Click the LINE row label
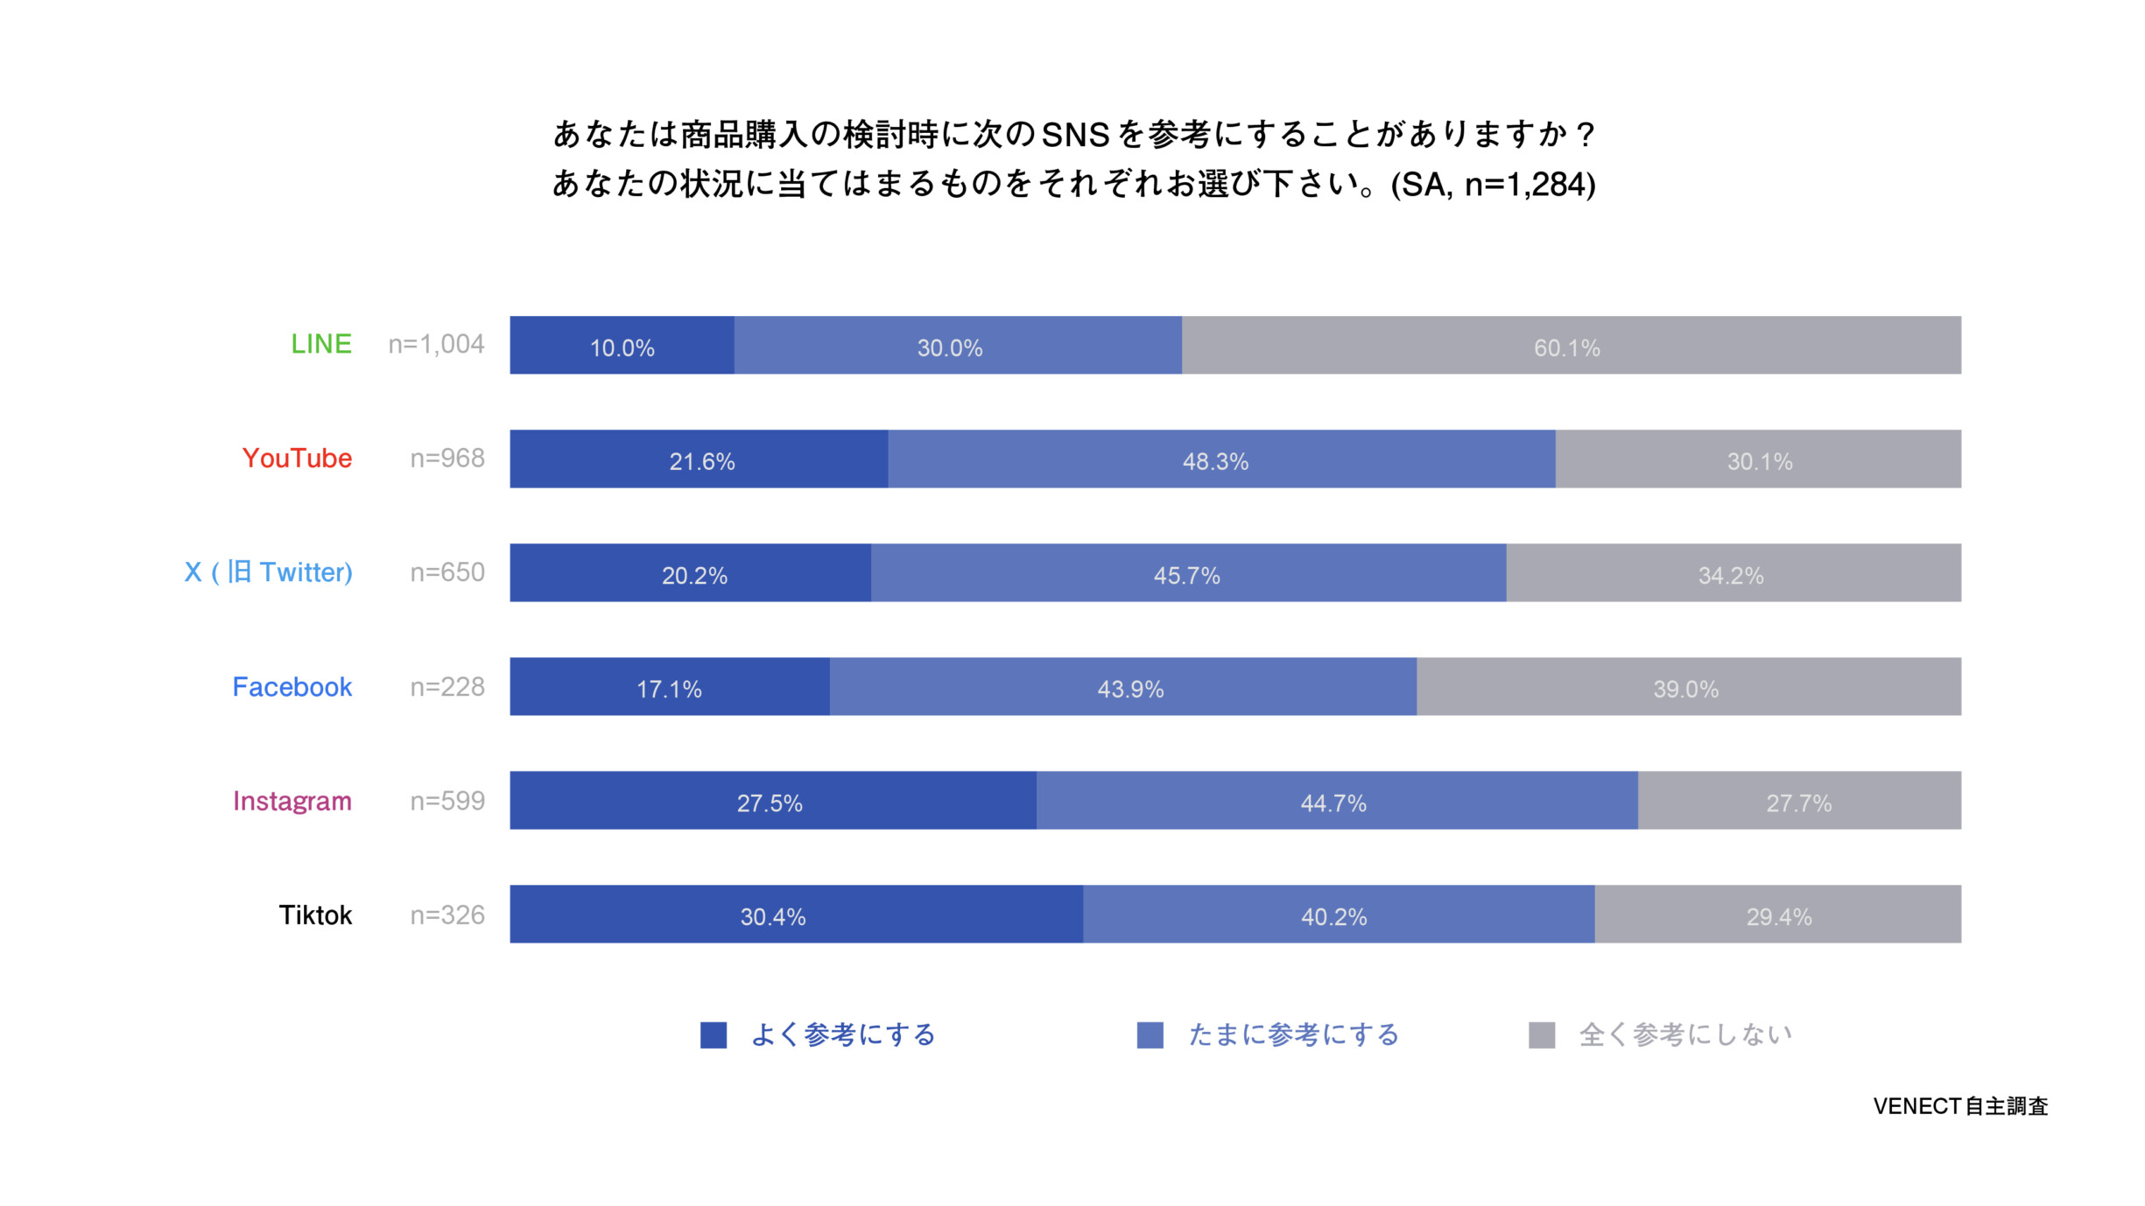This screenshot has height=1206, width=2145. (320, 344)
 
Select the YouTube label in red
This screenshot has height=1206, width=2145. (297, 458)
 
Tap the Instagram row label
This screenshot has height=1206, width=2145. (292, 801)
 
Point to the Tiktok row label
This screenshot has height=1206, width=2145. (315, 915)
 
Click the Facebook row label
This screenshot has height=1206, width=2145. (292, 687)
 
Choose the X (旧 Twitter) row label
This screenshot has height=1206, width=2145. (268, 572)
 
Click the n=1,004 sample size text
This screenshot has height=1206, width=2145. (436, 344)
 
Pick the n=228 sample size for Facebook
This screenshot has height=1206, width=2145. (447, 687)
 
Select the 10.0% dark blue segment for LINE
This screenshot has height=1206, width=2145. (622, 346)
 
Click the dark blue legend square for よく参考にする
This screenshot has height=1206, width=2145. (714, 1034)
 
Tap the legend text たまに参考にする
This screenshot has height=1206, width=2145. (1293, 1034)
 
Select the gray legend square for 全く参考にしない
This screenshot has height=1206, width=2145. (1541, 1034)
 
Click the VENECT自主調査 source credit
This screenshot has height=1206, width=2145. (1960, 1106)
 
